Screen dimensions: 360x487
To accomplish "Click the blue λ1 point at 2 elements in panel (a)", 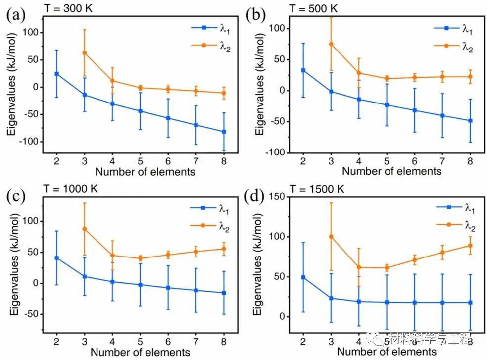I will (x=57, y=74).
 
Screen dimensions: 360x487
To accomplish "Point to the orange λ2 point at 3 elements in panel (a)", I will (x=85, y=52).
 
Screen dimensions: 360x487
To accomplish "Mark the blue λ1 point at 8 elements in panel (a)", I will (x=224, y=132).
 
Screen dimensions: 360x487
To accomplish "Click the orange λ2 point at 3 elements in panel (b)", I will (x=331, y=44).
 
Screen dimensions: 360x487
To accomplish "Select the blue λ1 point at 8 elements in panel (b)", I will (x=470, y=121).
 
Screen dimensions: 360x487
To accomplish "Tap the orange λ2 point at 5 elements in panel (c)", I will (x=140, y=258).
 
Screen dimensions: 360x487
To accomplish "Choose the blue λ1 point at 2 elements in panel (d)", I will (x=303, y=277).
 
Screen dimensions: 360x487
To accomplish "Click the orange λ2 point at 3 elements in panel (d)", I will (x=331, y=236).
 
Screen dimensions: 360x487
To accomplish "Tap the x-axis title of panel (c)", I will (x=141, y=352).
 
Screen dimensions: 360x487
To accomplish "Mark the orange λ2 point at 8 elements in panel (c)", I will (x=224, y=249).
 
